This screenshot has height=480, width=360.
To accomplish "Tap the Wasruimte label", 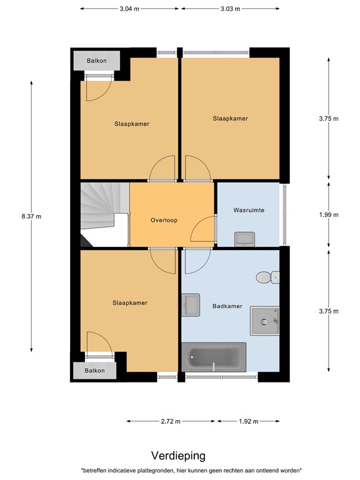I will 248,211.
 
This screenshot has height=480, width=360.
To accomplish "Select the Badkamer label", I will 227,306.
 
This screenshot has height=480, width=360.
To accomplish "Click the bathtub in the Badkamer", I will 213,357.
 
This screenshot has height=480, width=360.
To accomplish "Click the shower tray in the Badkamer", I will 264,321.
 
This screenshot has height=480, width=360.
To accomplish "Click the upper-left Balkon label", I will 96,61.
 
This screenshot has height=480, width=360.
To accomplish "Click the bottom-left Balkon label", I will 96,371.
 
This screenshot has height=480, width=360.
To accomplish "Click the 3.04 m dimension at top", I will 129,9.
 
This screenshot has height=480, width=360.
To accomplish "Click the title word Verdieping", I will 178,456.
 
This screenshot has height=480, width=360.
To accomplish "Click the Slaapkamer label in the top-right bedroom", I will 230,118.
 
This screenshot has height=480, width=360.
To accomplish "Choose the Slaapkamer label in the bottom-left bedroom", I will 129,303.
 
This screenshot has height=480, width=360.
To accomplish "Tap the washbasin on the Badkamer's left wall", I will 191,306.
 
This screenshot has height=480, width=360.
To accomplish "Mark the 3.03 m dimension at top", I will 230,9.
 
